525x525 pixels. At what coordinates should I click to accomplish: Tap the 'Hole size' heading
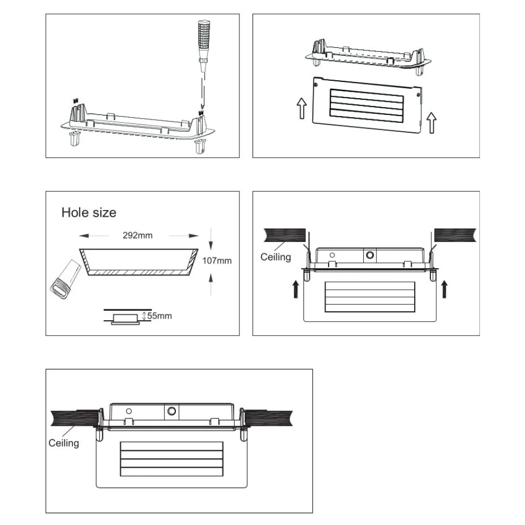[89, 213]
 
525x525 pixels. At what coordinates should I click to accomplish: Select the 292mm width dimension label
[138, 235]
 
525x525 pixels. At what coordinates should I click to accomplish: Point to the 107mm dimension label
[217, 260]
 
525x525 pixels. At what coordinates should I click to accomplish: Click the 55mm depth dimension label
[160, 316]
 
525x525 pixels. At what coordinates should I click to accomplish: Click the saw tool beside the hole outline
[65, 279]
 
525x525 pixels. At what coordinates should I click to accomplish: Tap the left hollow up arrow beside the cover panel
[302, 108]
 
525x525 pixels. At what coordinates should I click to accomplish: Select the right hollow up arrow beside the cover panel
[432, 122]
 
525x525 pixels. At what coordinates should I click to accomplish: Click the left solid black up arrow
[296, 289]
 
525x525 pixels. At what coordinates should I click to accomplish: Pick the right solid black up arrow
[444, 289]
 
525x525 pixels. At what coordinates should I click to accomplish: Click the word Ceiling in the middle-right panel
[276, 257]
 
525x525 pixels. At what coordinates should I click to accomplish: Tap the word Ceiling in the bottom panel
[64, 443]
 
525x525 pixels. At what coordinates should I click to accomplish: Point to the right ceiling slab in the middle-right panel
[455, 235]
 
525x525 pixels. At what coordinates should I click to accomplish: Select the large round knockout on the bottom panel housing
[172, 411]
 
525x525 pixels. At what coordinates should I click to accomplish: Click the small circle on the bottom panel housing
[129, 411]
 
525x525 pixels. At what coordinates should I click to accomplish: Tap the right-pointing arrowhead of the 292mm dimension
[194, 236]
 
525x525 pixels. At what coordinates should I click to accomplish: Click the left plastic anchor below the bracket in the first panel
[75, 138]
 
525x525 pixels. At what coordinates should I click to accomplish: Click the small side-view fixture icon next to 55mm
[125, 319]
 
